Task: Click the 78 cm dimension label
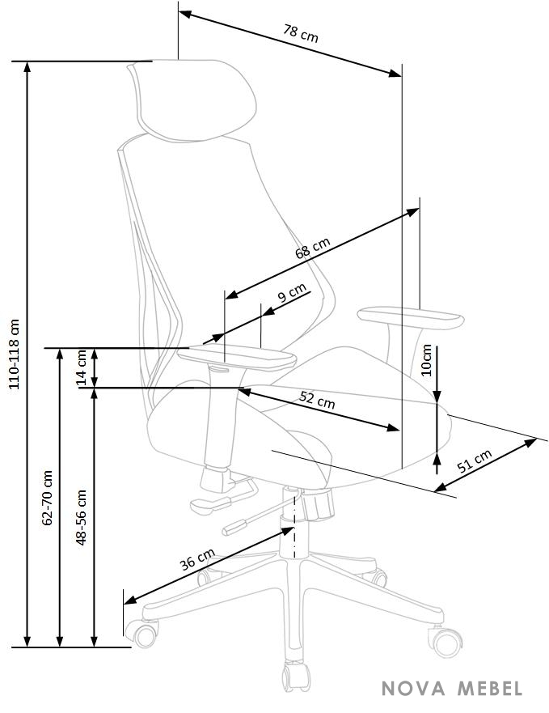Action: click(x=301, y=33)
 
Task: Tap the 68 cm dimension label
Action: click(x=313, y=248)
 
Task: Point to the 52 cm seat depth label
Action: click(x=317, y=400)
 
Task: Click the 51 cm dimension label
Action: click(x=474, y=460)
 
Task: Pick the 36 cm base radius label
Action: click(x=197, y=559)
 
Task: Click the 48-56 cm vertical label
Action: click(x=81, y=517)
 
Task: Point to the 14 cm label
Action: click(x=82, y=367)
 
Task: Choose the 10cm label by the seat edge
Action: click(x=426, y=360)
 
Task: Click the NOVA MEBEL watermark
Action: click(x=452, y=689)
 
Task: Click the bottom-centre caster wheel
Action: click(x=296, y=677)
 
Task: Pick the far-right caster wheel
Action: click(x=446, y=641)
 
